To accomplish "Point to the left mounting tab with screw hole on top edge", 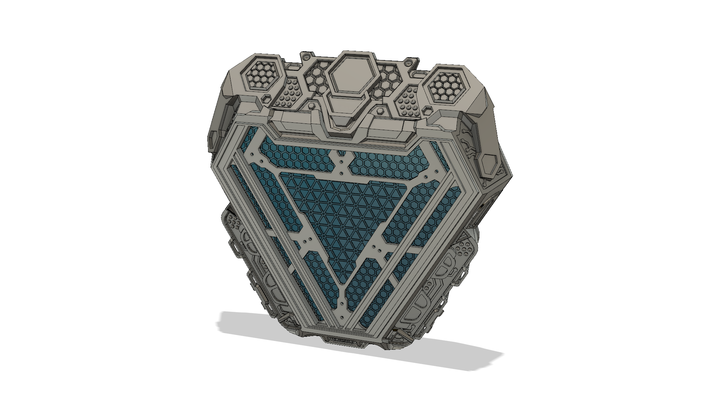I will point(305,57).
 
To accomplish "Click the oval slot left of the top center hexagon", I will point(293,68).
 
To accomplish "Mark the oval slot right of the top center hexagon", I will point(418,74).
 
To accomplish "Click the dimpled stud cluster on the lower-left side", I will point(234,223).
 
